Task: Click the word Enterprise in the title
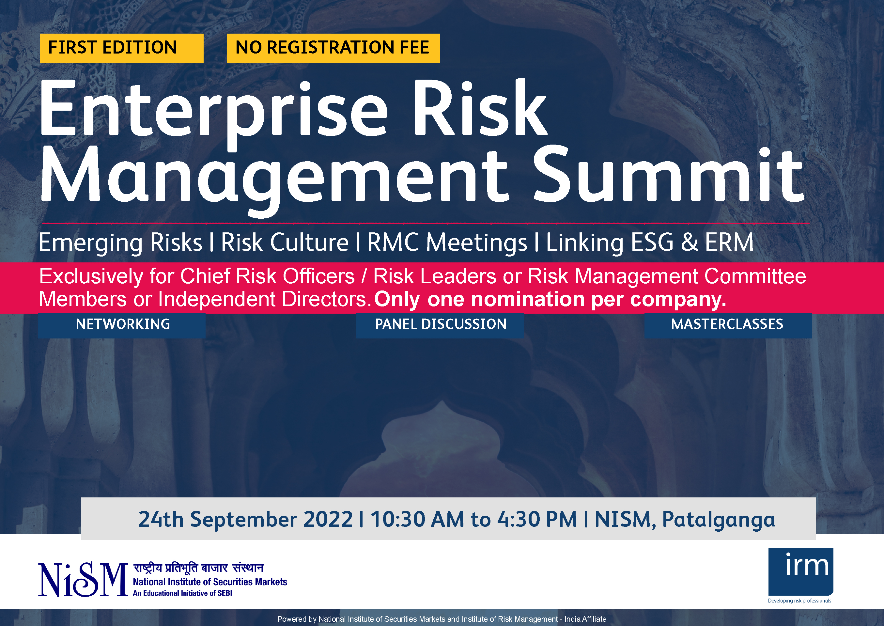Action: [214, 112]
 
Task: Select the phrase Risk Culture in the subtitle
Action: [285, 243]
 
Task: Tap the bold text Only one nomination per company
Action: [550, 300]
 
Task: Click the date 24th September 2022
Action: [245, 519]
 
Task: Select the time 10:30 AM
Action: [417, 519]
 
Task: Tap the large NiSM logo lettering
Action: [83, 580]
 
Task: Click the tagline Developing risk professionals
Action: [799, 601]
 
